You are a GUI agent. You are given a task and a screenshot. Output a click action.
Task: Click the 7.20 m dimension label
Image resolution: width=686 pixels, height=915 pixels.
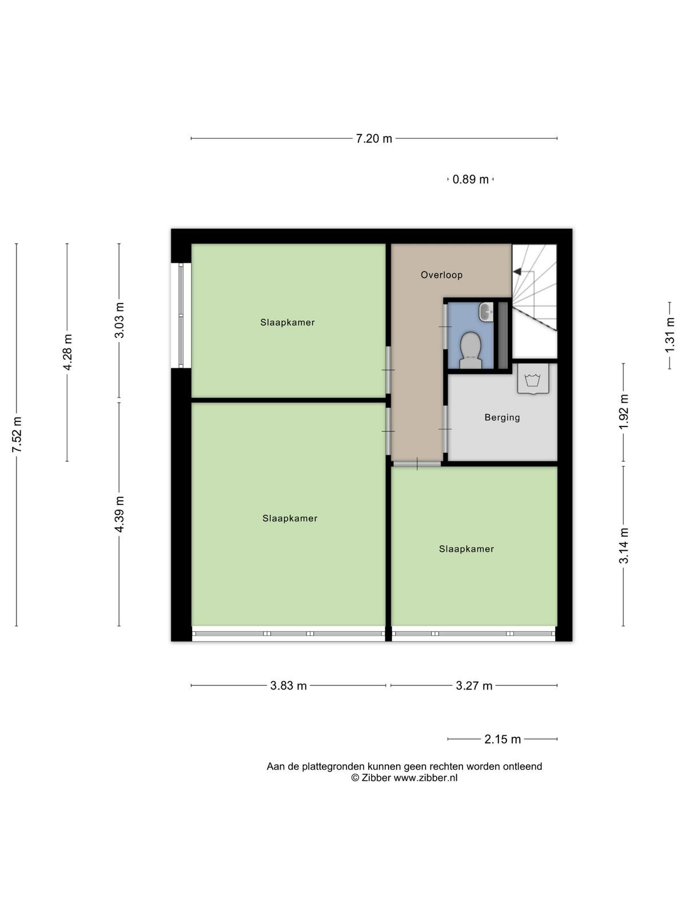(x=374, y=138)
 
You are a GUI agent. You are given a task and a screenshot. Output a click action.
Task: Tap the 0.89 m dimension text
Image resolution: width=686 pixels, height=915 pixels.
(x=470, y=179)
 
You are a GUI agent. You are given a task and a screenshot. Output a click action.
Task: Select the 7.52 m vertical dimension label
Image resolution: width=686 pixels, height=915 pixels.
(x=17, y=435)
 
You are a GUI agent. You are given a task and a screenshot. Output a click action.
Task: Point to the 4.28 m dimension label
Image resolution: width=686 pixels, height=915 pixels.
(x=67, y=352)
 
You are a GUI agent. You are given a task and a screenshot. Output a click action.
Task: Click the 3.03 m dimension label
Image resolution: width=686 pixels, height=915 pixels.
(x=119, y=320)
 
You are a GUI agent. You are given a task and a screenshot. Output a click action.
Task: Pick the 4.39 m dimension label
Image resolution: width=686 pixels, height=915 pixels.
(x=119, y=514)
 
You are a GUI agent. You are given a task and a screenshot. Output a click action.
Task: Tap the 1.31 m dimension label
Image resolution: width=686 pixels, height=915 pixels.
(x=669, y=335)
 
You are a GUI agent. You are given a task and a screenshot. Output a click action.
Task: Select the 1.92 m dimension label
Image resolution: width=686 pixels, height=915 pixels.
(x=623, y=412)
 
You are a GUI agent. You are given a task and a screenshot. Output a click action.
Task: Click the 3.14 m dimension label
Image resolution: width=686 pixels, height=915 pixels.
(x=623, y=546)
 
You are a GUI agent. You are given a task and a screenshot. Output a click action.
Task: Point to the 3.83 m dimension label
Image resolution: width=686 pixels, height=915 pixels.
(x=288, y=685)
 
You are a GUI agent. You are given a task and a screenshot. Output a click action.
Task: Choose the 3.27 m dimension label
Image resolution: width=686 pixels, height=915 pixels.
(x=474, y=685)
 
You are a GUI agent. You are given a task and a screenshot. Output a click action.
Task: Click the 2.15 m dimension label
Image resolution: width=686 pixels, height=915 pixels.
(x=502, y=739)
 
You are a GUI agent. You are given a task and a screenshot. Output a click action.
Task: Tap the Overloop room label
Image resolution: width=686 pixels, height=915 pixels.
(x=441, y=275)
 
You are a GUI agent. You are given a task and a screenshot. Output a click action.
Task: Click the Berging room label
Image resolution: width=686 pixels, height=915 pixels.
(x=502, y=417)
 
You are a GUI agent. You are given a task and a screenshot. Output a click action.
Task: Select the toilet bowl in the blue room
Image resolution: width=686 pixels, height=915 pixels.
(x=470, y=350)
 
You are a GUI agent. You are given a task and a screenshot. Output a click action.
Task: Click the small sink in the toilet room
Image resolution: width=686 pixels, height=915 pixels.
(x=486, y=312)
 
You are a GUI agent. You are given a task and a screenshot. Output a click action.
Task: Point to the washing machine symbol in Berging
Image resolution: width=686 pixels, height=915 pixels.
(x=533, y=380)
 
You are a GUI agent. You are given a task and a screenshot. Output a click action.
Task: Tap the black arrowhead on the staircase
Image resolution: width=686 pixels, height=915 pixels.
(x=517, y=272)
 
